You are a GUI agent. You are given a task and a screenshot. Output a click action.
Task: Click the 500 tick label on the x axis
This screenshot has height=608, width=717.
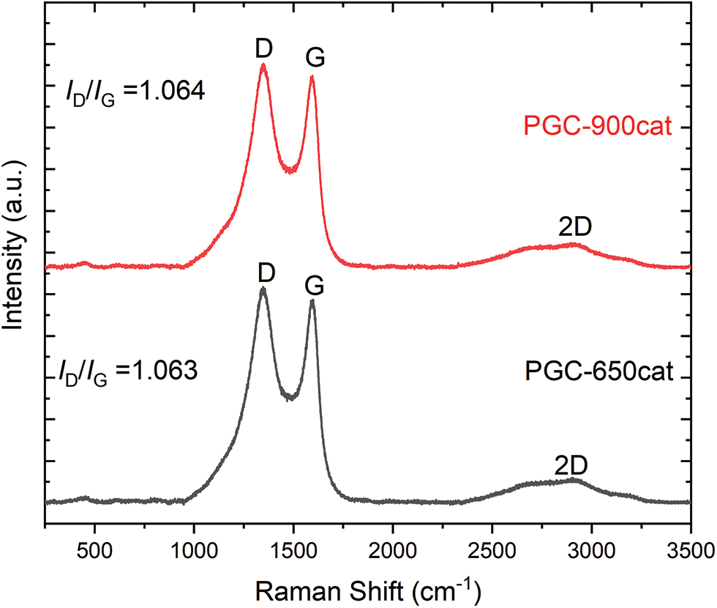(94, 549)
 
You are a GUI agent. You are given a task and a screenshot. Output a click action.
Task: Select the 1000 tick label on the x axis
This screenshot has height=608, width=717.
(194, 549)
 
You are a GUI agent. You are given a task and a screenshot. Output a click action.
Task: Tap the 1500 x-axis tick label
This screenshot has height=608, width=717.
(293, 549)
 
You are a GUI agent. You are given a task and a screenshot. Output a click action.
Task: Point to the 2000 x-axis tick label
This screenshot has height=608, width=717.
(393, 549)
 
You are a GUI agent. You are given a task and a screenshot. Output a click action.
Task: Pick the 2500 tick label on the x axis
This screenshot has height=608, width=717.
(492, 549)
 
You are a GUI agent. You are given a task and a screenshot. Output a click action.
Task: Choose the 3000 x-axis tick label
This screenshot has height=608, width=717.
(592, 549)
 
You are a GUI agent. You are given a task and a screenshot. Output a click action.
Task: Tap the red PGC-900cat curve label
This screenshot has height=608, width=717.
(597, 127)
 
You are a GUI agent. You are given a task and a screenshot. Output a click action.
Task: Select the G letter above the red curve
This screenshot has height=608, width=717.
(315, 57)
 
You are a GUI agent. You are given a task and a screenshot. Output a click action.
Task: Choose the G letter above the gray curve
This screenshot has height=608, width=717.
(315, 283)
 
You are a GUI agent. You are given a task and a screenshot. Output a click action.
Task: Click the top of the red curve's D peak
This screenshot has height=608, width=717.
(263, 65)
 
